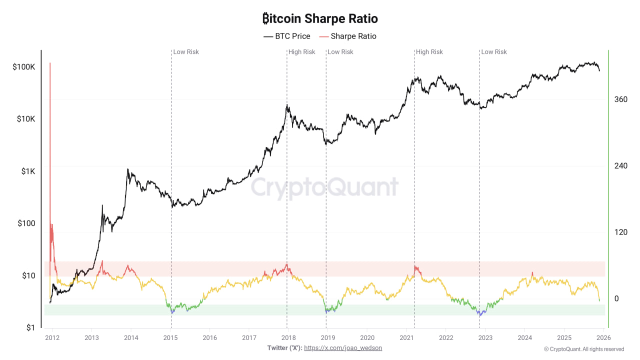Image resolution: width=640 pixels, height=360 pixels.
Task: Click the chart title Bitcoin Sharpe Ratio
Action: (320, 19)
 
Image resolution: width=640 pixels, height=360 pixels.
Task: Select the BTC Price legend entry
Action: (287, 36)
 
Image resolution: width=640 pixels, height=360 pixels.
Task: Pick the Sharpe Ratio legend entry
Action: (348, 36)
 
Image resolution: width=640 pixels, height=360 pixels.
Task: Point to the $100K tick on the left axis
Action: (23, 67)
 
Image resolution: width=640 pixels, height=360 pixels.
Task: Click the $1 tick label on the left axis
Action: (30, 328)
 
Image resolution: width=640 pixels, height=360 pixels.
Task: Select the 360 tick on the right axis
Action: (620, 99)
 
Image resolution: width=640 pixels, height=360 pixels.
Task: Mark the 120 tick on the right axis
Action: (620, 232)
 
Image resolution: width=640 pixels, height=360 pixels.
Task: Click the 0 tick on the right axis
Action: (616, 298)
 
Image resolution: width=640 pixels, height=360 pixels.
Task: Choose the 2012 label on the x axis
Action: (52, 337)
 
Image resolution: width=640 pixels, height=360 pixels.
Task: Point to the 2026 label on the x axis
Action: (602, 337)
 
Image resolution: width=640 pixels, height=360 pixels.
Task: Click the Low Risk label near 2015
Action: (186, 52)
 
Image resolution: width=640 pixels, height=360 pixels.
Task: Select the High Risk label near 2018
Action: (302, 52)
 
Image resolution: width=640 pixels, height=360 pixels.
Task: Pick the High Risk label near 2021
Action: (429, 52)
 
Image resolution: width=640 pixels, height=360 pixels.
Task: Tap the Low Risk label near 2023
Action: (494, 52)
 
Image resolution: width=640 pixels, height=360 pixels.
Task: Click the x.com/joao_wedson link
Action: (343, 347)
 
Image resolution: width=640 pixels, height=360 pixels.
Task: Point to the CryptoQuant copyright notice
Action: (584, 349)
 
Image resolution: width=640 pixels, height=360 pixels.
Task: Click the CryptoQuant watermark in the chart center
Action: (324, 187)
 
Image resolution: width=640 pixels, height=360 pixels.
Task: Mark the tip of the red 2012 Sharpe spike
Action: (50, 63)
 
